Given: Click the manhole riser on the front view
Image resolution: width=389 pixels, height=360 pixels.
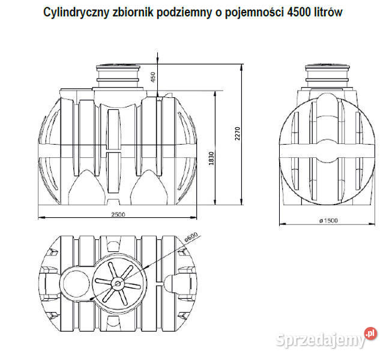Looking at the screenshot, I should pyautogui.click(x=121, y=74).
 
